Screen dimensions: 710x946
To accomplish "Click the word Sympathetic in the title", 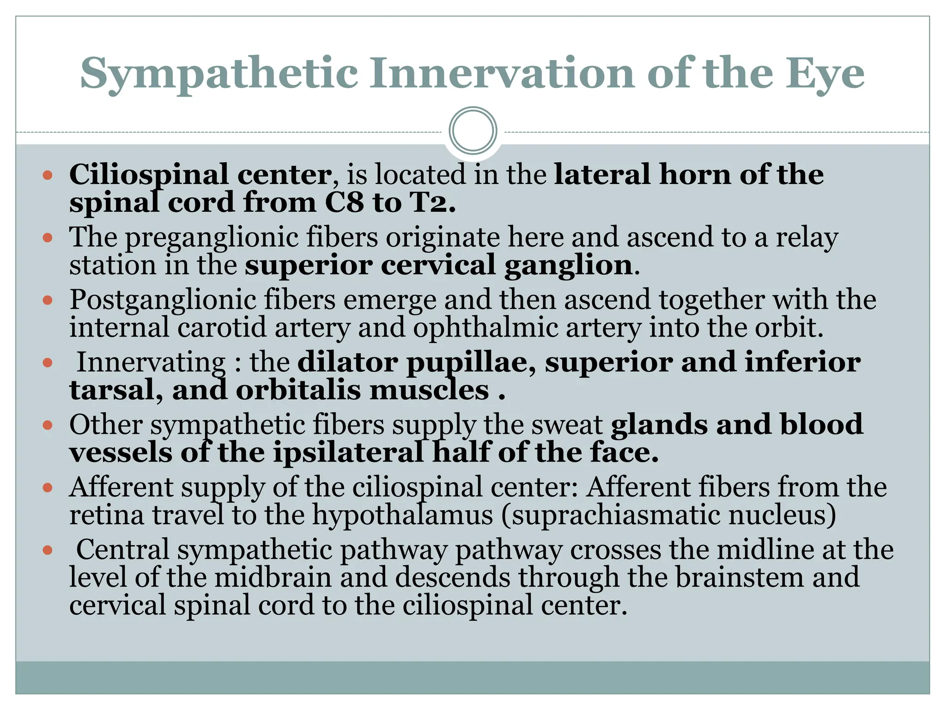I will [219, 74].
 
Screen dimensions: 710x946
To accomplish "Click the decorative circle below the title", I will [473, 131].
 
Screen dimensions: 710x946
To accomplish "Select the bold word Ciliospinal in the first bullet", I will [149, 175].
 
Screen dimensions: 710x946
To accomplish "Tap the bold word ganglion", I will [568, 265].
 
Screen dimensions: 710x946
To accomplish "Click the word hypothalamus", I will [402, 515].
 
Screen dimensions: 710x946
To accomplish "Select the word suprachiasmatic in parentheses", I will [615, 515].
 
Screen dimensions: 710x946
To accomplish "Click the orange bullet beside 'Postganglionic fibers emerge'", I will [48, 300].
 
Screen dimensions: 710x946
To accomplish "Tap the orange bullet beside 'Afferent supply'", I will [48, 488].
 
